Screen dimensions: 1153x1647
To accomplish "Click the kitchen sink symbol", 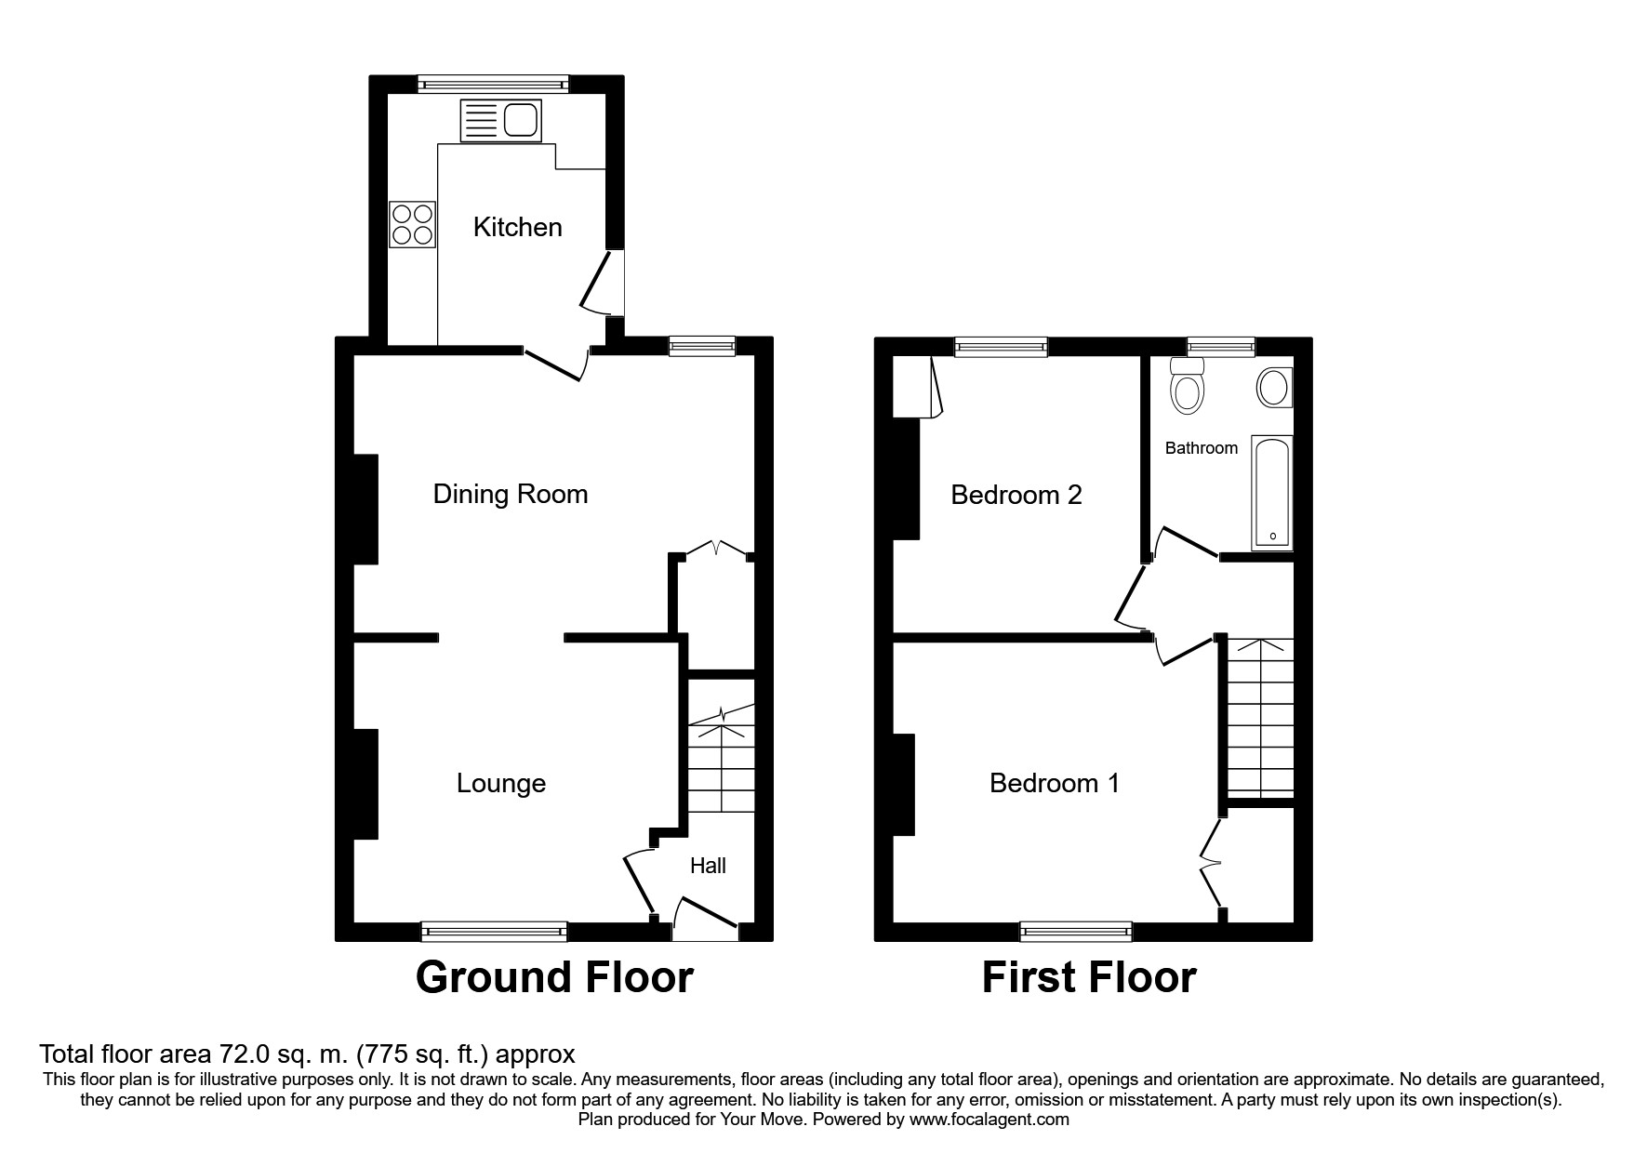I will (500, 121).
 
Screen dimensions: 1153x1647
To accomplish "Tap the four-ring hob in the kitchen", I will (413, 224).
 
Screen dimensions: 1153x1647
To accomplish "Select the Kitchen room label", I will (517, 227).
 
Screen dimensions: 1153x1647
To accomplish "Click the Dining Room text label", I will (511, 494).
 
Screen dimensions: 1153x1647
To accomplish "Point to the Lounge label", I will (500, 783).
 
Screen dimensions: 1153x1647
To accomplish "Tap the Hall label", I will (708, 866).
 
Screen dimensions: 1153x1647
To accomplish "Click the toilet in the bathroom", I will (1188, 388).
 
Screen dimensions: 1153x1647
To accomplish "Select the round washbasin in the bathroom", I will (1273, 387).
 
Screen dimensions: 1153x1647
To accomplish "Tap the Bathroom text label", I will (1201, 448).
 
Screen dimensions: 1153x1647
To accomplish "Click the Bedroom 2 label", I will (1016, 495).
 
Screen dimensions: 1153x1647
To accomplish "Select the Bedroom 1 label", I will (1054, 783).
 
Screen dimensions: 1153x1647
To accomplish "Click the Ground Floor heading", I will (554, 978).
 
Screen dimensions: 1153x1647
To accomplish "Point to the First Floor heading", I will (1088, 978).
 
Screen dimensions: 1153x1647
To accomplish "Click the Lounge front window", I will (494, 931).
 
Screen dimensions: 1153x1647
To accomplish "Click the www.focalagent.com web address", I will (989, 1120).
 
